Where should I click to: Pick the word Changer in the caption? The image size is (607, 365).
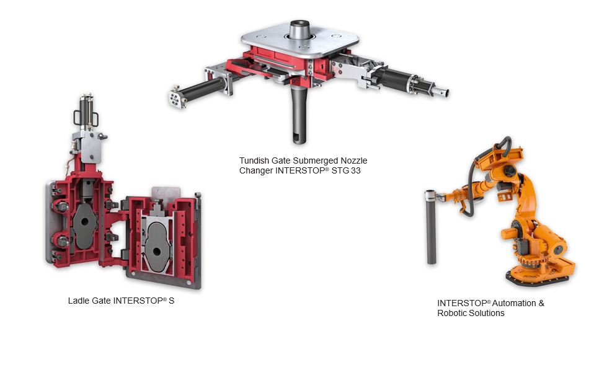point(255,170)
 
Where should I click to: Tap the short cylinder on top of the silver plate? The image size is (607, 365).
point(299,29)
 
